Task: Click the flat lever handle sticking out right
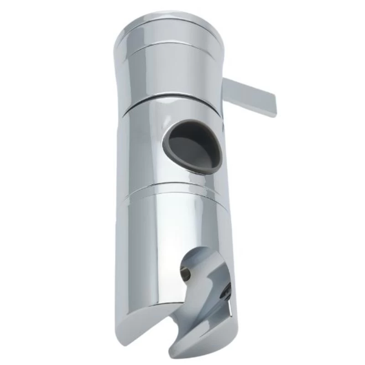point(251,96)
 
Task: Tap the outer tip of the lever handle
point(273,108)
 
